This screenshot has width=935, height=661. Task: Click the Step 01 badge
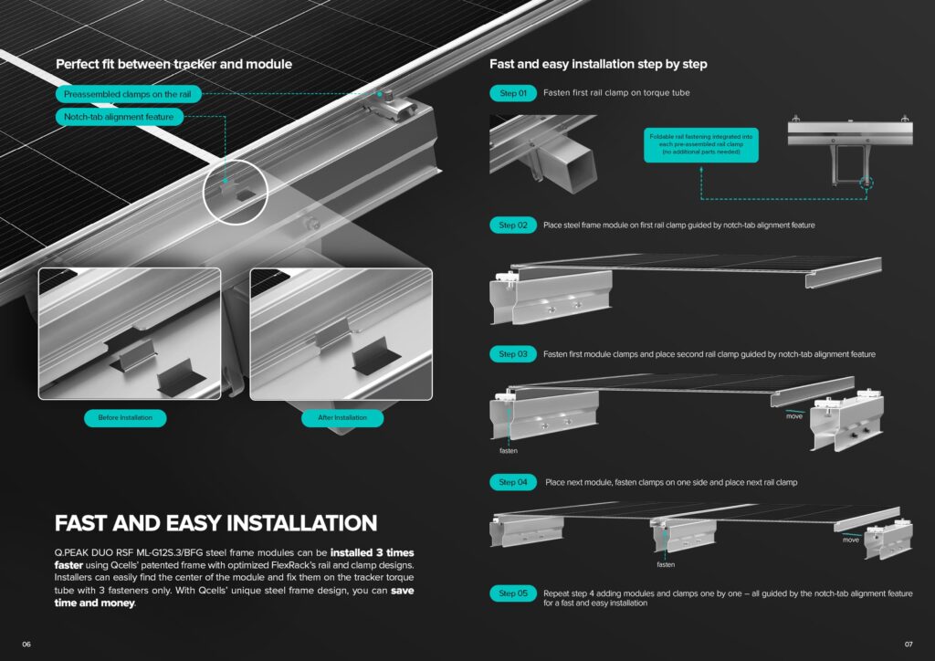point(513,93)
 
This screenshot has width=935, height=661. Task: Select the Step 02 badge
point(513,226)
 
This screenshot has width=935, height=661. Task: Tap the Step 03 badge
point(513,354)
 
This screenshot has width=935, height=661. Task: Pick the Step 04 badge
point(513,482)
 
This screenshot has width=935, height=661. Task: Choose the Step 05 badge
point(513,593)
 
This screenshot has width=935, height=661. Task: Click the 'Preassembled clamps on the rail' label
point(128,94)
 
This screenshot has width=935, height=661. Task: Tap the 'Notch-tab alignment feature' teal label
point(119,117)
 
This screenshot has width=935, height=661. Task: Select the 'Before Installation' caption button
point(125,418)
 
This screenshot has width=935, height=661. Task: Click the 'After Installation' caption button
point(342,418)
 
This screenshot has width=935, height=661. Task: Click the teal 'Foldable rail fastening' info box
point(701,144)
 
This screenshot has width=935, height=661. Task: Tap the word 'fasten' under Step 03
point(509,451)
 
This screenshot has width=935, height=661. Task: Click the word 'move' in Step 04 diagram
point(851,540)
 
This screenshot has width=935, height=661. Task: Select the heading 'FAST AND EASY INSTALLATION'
point(215,523)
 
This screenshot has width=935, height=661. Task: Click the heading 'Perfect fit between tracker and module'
point(174,65)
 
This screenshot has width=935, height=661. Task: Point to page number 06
point(26,645)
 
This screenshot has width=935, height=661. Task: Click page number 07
point(909,645)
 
